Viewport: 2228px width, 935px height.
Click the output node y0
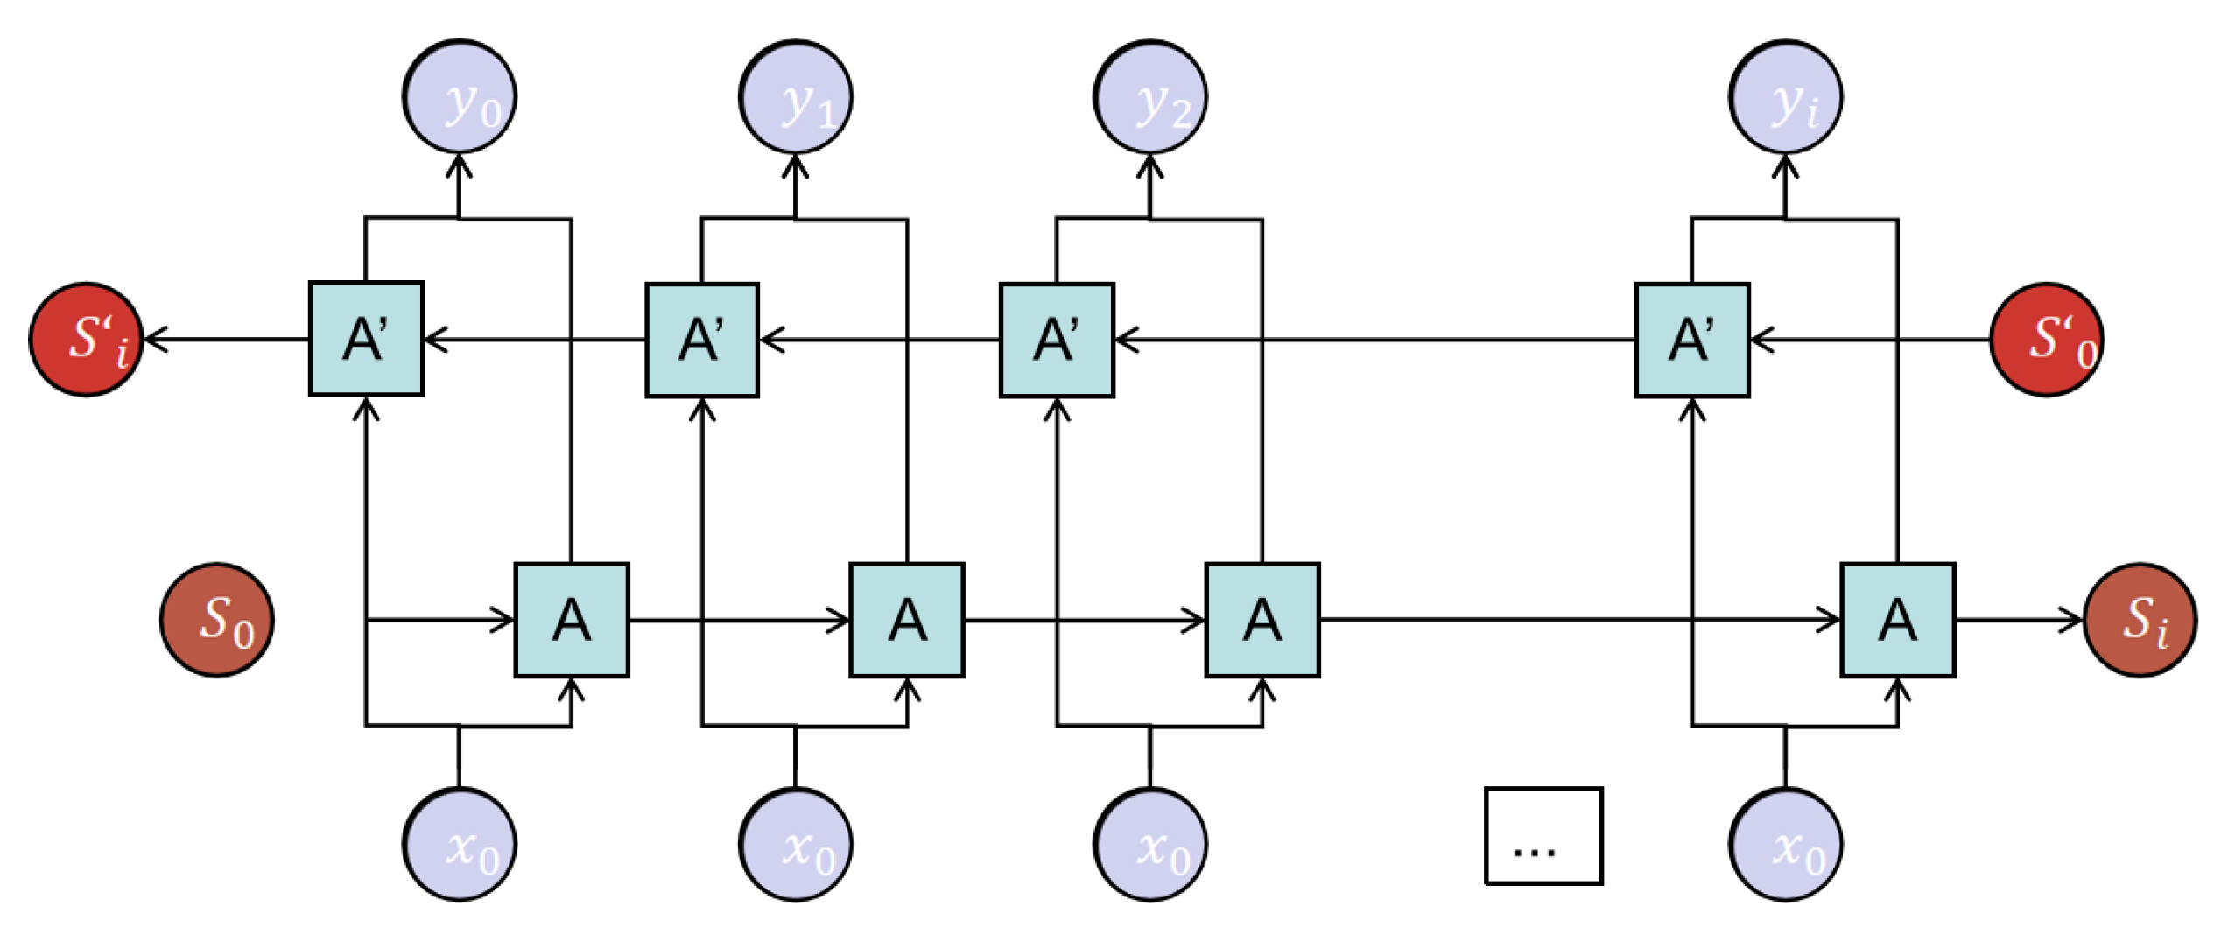click(x=459, y=96)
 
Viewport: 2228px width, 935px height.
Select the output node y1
click(x=795, y=96)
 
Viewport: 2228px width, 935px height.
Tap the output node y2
click(x=1149, y=96)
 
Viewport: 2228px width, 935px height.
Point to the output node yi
click(x=1785, y=96)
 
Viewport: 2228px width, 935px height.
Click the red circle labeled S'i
click(x=86, y=340)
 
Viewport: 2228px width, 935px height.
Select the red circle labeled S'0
click(x=2047, y=340)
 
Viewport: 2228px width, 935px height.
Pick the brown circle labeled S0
click(x=216, y=620)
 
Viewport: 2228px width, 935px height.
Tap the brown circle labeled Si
click(x=2140, y=620)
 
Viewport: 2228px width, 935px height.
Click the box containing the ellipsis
click(x=1543, y=836)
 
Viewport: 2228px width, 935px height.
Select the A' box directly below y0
click(x=366, y=339)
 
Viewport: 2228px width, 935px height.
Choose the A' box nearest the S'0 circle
click(x=1692, y=340)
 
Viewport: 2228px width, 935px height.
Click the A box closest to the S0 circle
click(x=571, y=620)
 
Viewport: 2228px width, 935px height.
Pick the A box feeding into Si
click(x=1897, y=620)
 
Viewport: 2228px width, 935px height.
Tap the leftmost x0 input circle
click(x=459, y=845)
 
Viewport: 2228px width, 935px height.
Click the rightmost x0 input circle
click(x=1785, y=845)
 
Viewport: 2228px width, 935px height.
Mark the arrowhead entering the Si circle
click(x=2074, y=620)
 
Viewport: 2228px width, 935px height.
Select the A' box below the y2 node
click(x=1057, y=340)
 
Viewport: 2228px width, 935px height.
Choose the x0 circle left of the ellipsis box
click(x=1149, y=845)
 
